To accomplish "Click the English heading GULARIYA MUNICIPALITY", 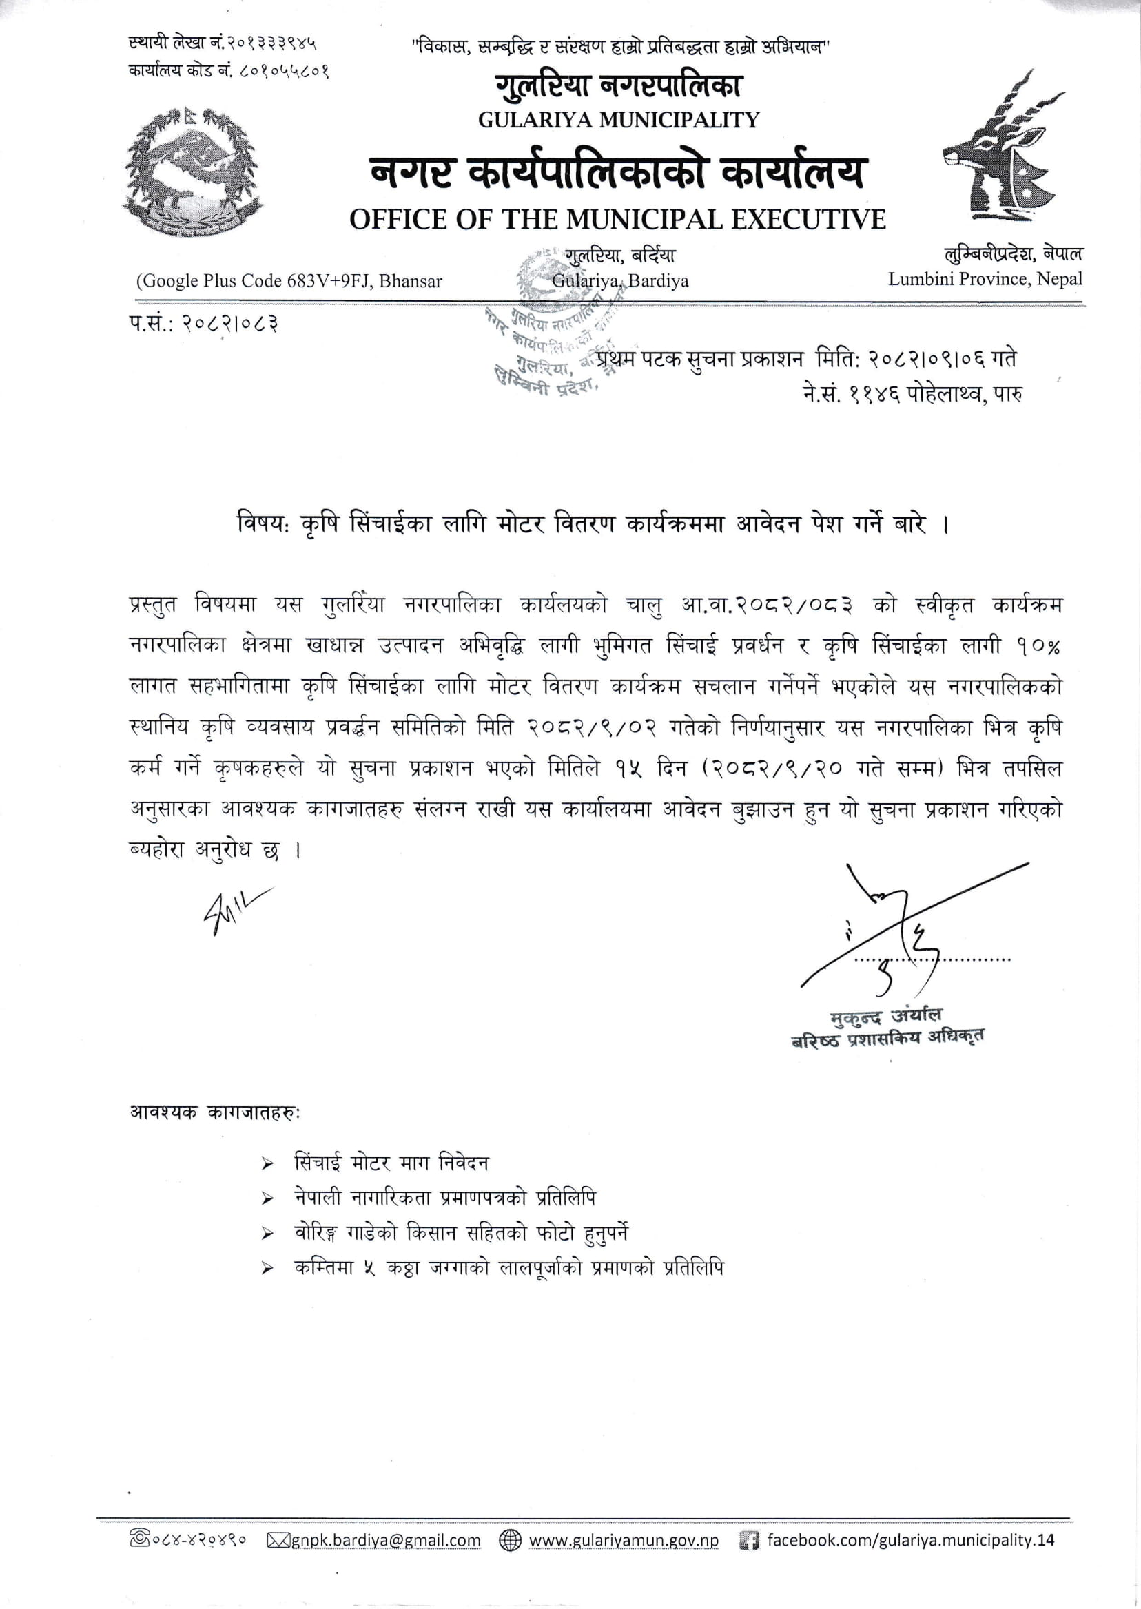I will click(x=618, y=120).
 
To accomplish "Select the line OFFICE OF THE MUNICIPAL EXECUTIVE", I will click(x=617, y=220).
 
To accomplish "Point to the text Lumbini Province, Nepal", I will click(x=985, y=279).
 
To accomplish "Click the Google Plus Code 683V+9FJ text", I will click(x=289, y=281).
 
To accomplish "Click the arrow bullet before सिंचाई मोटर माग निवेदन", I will click(x=267, y=1165).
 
